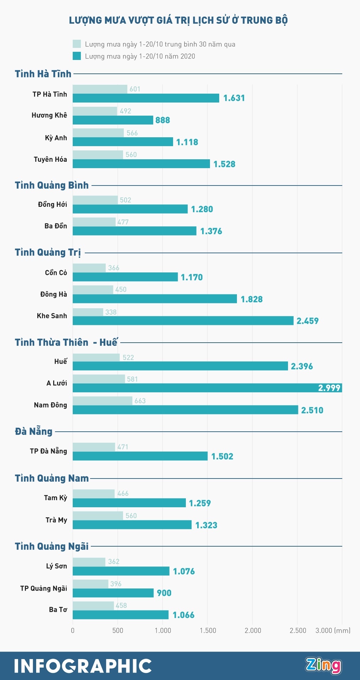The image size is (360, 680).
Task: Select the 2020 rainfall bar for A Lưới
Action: click(207, 388)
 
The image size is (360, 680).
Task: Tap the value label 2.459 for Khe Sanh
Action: click(308, 321)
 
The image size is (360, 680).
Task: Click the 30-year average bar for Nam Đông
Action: click(102, 401)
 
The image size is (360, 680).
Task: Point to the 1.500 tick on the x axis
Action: click(208, 630)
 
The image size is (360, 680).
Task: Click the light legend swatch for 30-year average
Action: click(77, 44)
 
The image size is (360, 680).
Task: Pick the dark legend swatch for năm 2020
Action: click(77, 56)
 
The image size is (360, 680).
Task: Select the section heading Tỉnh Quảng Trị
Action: click(48, 253)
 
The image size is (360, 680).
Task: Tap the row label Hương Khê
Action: click(49, 115)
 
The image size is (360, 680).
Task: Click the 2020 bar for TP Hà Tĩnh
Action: click(146, 98)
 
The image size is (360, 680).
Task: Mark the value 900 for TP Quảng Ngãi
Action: click(164, 593)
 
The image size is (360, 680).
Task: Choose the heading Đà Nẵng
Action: click(34, 432)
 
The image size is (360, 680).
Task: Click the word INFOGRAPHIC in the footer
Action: click(83, 666)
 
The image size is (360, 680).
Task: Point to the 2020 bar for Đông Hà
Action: click(155, 299)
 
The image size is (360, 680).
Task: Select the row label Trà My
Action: click(56, 520)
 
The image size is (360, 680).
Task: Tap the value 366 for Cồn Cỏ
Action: click(113, 268)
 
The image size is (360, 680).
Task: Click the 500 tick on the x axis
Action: click(118, 630)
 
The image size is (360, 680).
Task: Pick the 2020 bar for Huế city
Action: click(180, 366)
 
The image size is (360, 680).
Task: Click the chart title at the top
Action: click(178, 20)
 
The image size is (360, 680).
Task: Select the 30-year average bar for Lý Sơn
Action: click(89, 562)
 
